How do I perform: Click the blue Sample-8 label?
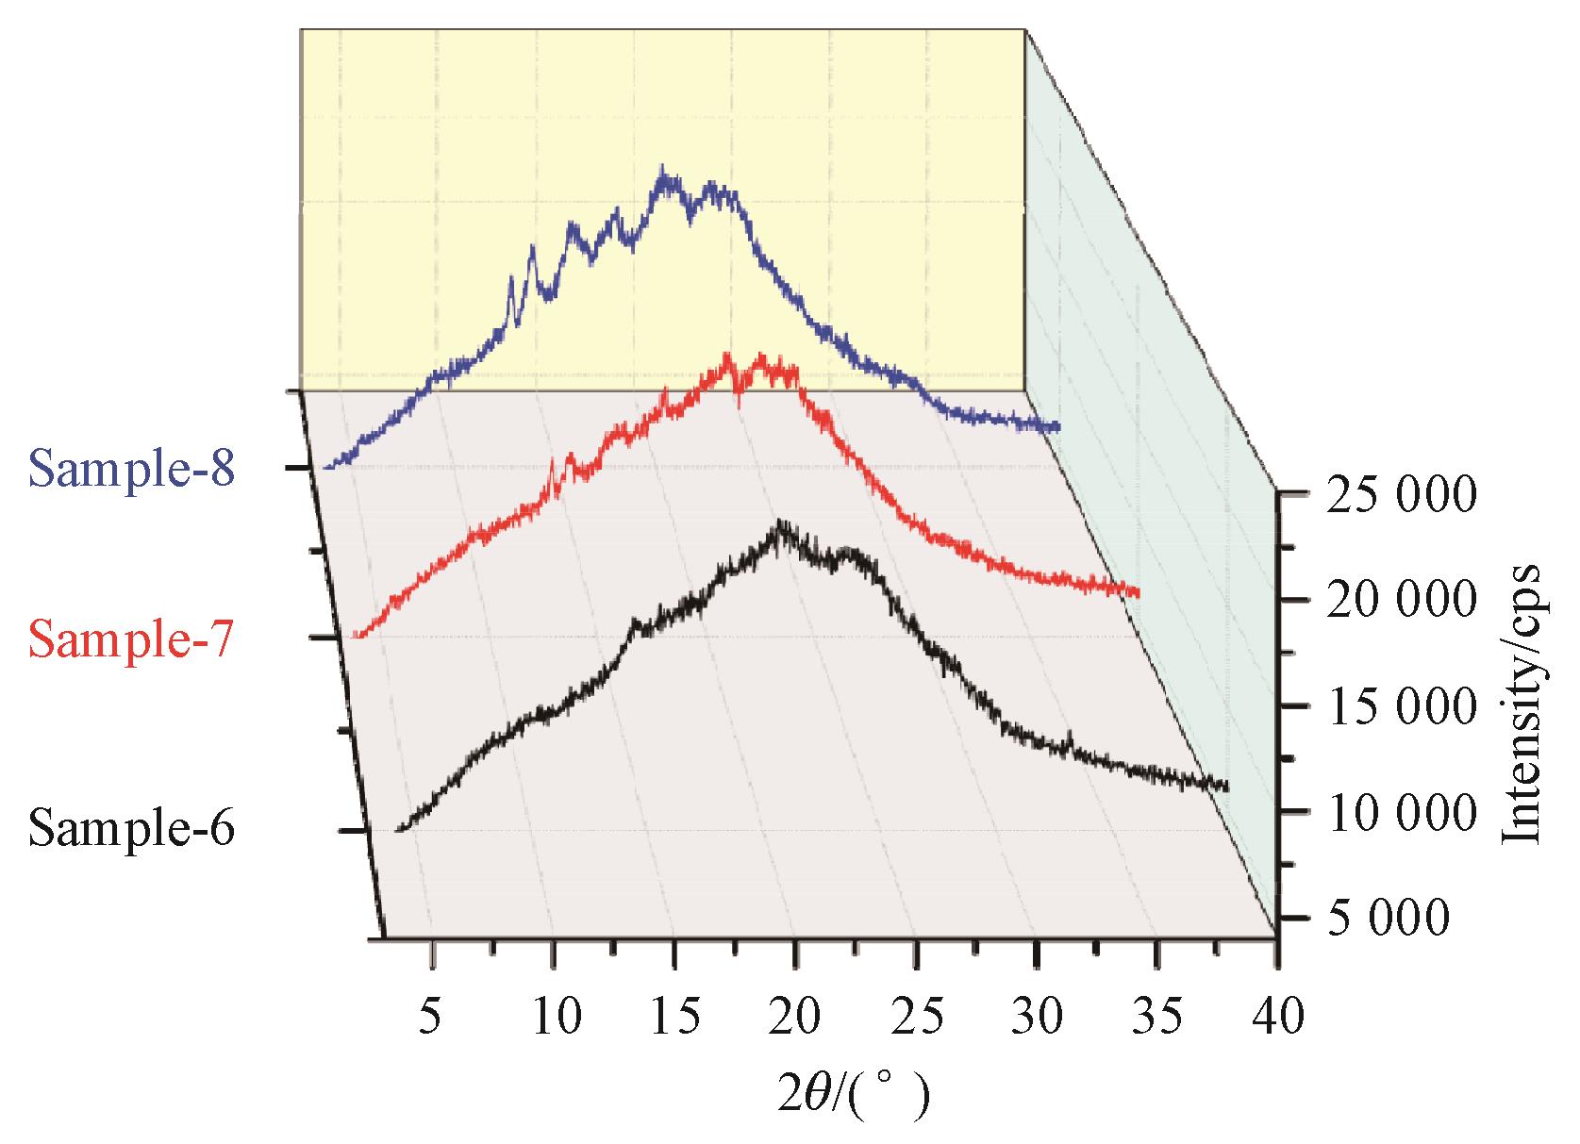pos(131,468)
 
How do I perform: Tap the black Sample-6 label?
pos(131,830)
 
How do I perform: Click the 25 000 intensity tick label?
pos(1399,494)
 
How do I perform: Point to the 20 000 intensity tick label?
pos(1399,601)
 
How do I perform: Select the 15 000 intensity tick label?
pos(1399,706)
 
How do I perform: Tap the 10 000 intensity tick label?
pos(1399,812)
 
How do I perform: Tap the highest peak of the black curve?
pos(780,525)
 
